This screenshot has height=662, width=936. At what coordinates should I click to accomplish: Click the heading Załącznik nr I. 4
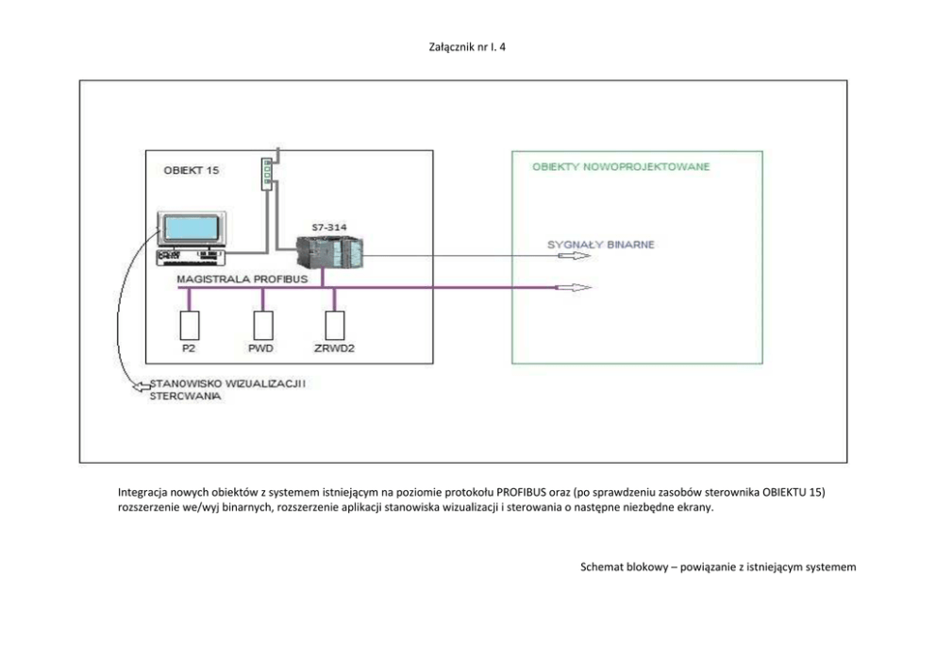467,44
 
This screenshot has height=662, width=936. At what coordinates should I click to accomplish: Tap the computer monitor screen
190,229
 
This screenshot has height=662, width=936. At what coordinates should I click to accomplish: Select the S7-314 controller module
327,252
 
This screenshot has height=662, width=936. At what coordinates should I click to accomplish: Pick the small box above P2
190,325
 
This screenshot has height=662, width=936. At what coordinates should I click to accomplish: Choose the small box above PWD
262,325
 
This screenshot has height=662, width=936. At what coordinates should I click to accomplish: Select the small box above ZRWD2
333,325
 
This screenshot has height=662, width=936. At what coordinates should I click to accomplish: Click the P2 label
189,348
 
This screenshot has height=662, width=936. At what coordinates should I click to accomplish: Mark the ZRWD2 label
333,348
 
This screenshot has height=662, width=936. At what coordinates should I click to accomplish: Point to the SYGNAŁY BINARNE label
601,245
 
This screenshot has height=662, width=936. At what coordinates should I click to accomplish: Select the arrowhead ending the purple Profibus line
577,287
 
